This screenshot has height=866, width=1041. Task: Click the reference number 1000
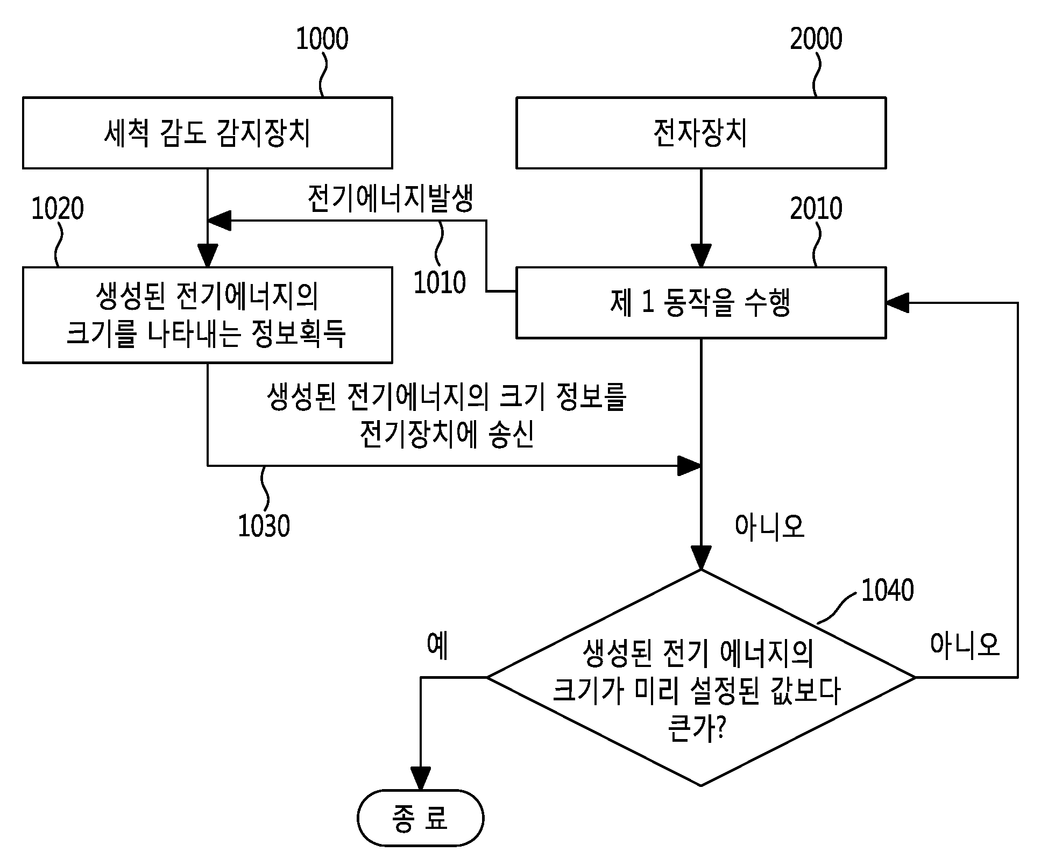322,39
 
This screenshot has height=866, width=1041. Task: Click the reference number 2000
816,39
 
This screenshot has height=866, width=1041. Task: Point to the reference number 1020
58,209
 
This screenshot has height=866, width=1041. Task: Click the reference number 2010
816,209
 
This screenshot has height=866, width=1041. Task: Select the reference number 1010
440,282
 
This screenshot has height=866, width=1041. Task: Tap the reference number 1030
264,526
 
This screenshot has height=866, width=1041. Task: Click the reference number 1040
887,590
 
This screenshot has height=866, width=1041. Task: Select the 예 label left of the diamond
437,645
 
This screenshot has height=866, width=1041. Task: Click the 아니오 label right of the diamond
965,644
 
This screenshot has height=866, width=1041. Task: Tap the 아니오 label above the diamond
769,526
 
